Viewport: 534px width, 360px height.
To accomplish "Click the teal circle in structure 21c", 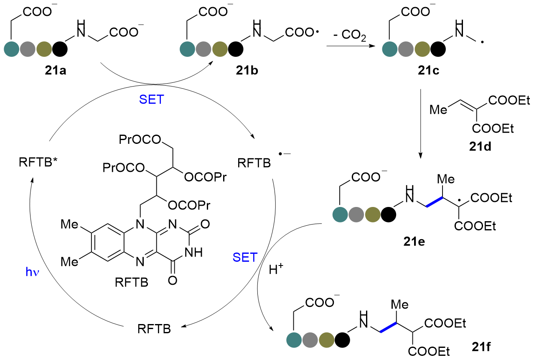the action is click(390, 49).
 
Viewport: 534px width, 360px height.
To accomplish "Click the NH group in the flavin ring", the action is click(194, 253).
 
